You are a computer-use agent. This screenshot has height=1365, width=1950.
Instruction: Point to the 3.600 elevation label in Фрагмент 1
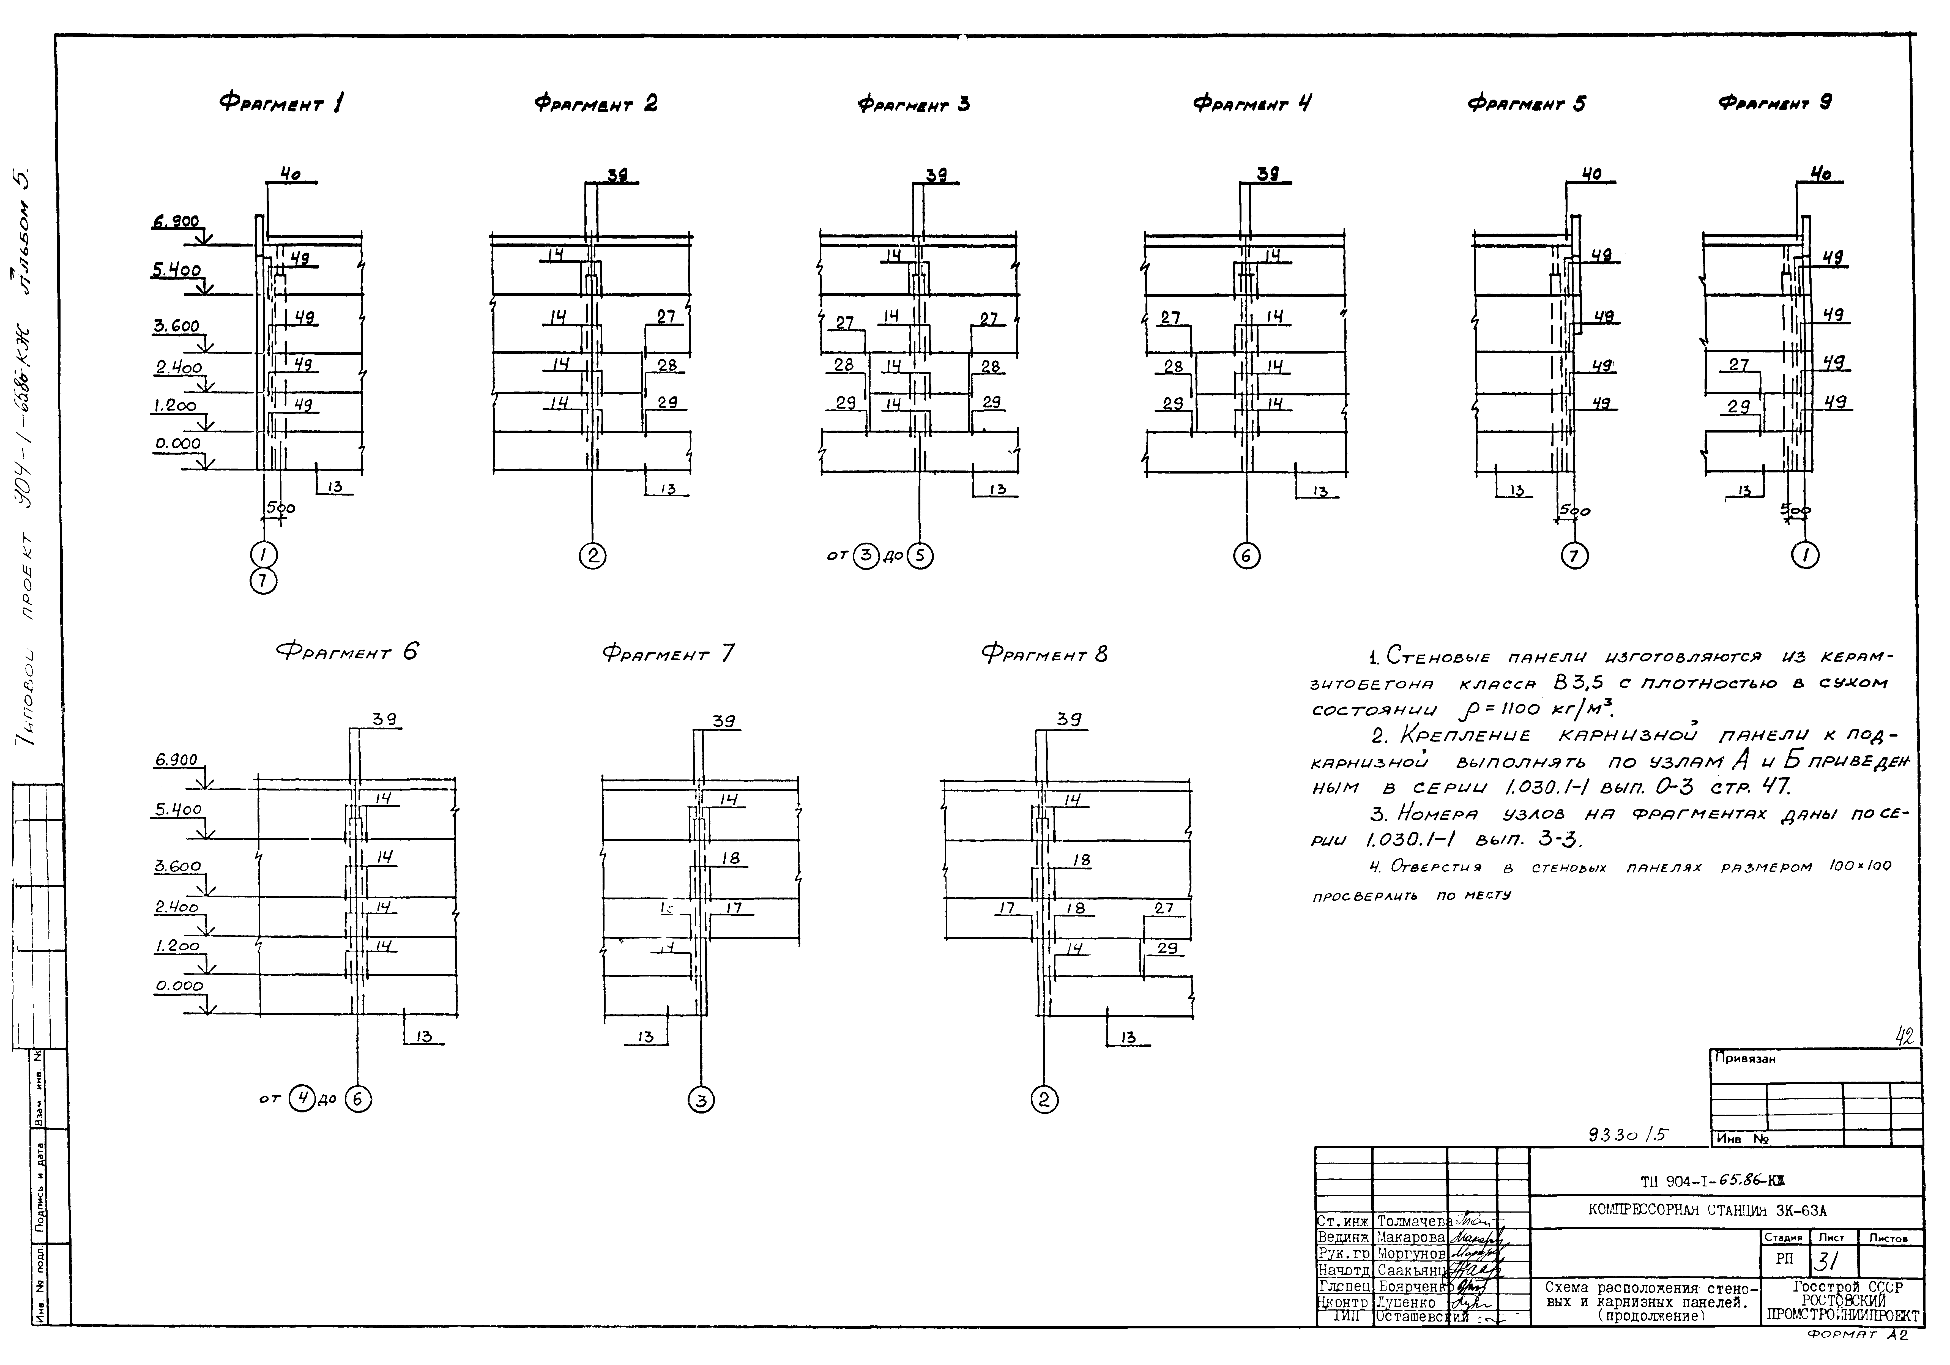(x=176, y=326)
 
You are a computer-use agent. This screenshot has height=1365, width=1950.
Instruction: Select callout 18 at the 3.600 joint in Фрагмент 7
(x=731, y=858)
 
